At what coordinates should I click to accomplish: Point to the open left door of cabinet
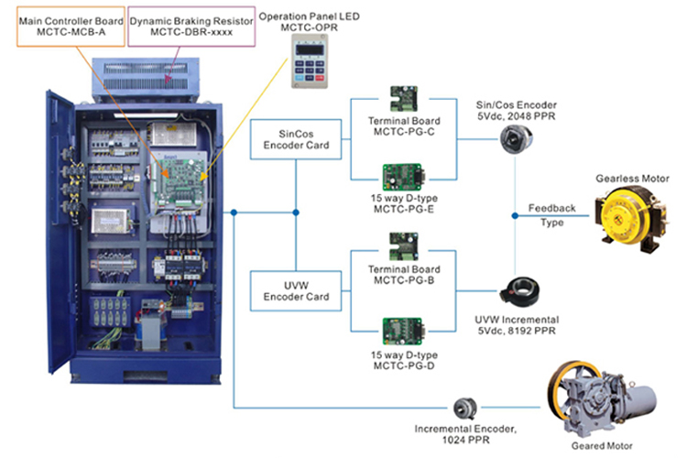58,229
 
